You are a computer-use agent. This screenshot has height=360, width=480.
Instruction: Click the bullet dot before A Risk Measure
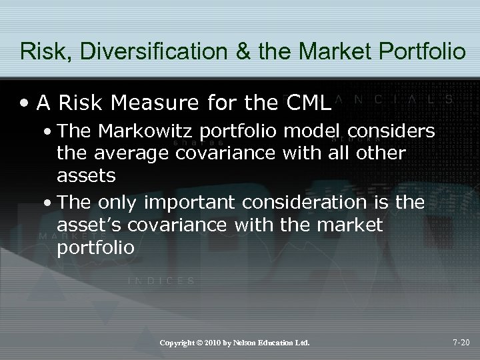(x=24, y=104)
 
